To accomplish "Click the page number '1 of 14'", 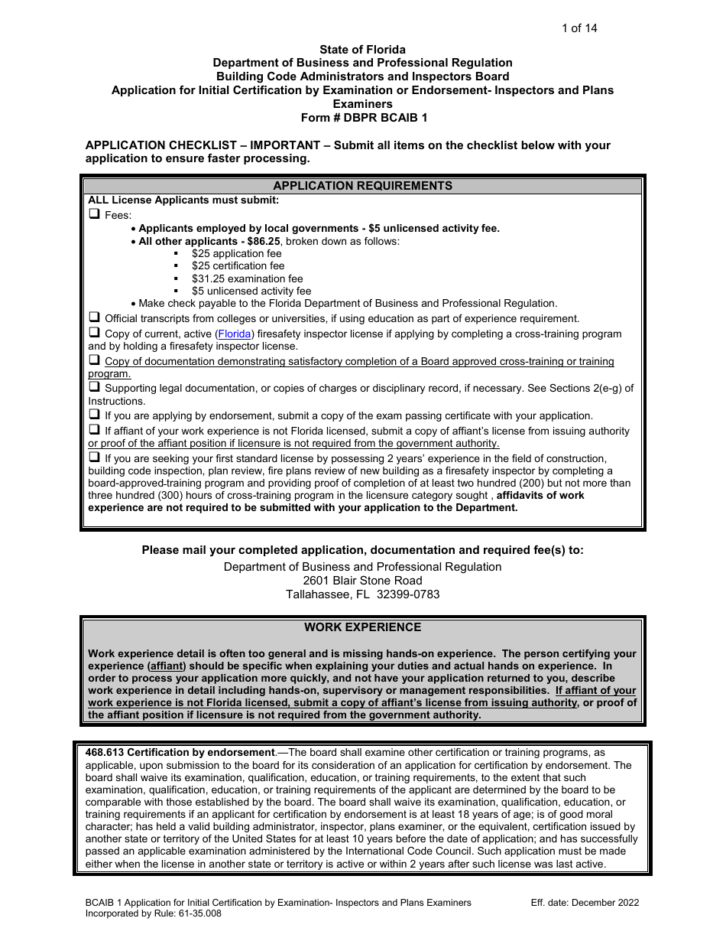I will pyautogui.click(x=579, y=29).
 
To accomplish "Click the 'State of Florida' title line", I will pyautogui.click(x=362, y=50).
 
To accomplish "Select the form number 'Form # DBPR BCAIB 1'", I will pyautogui.click(x=362, y=118).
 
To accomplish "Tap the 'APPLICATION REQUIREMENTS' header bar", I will pyautogui.click(x=362, y=186).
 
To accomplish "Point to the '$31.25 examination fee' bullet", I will pyautogui.click(x=247, y=278).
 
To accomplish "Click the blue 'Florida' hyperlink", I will pyautogui.click(x=235, y=334).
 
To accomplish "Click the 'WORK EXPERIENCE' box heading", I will pyautogui.click(x=362, y=627).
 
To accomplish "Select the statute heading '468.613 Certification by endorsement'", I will pyautogui.click(x=180, y=753).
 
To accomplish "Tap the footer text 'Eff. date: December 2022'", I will pyautogui.click(x=585, y=903).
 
